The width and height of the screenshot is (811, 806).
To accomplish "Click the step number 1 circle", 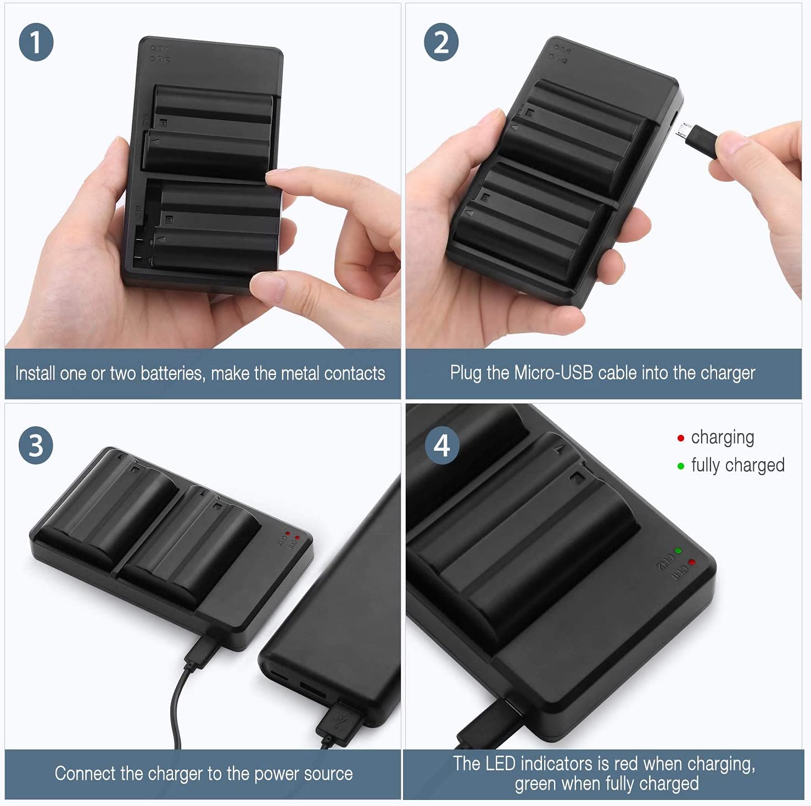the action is pyautogui.click(x=36, y=43).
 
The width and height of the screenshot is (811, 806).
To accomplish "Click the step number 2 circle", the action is pyautogui.click(x=441, y=43).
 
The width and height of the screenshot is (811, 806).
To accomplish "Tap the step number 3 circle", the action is pyautogui.click(x=36, y=445).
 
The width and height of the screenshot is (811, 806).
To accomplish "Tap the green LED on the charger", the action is pyautogui.click(x=678, y=550).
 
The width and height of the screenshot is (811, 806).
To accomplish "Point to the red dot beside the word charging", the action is pyautogui.click(x=681, y=438).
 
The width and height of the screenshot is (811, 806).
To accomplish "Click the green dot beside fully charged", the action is pyautogui.click(x=681, y=466).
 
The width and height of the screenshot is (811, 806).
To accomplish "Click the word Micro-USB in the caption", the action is pyautogui.click(x=554, y=373).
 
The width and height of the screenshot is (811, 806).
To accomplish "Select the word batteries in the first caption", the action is pyautogui.click(x=171, y=373).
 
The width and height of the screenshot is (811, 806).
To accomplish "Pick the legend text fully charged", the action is pyautogui.click(x=738, y=466).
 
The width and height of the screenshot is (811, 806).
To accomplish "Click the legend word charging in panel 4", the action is pyautogui.click(x=723, y=438).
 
